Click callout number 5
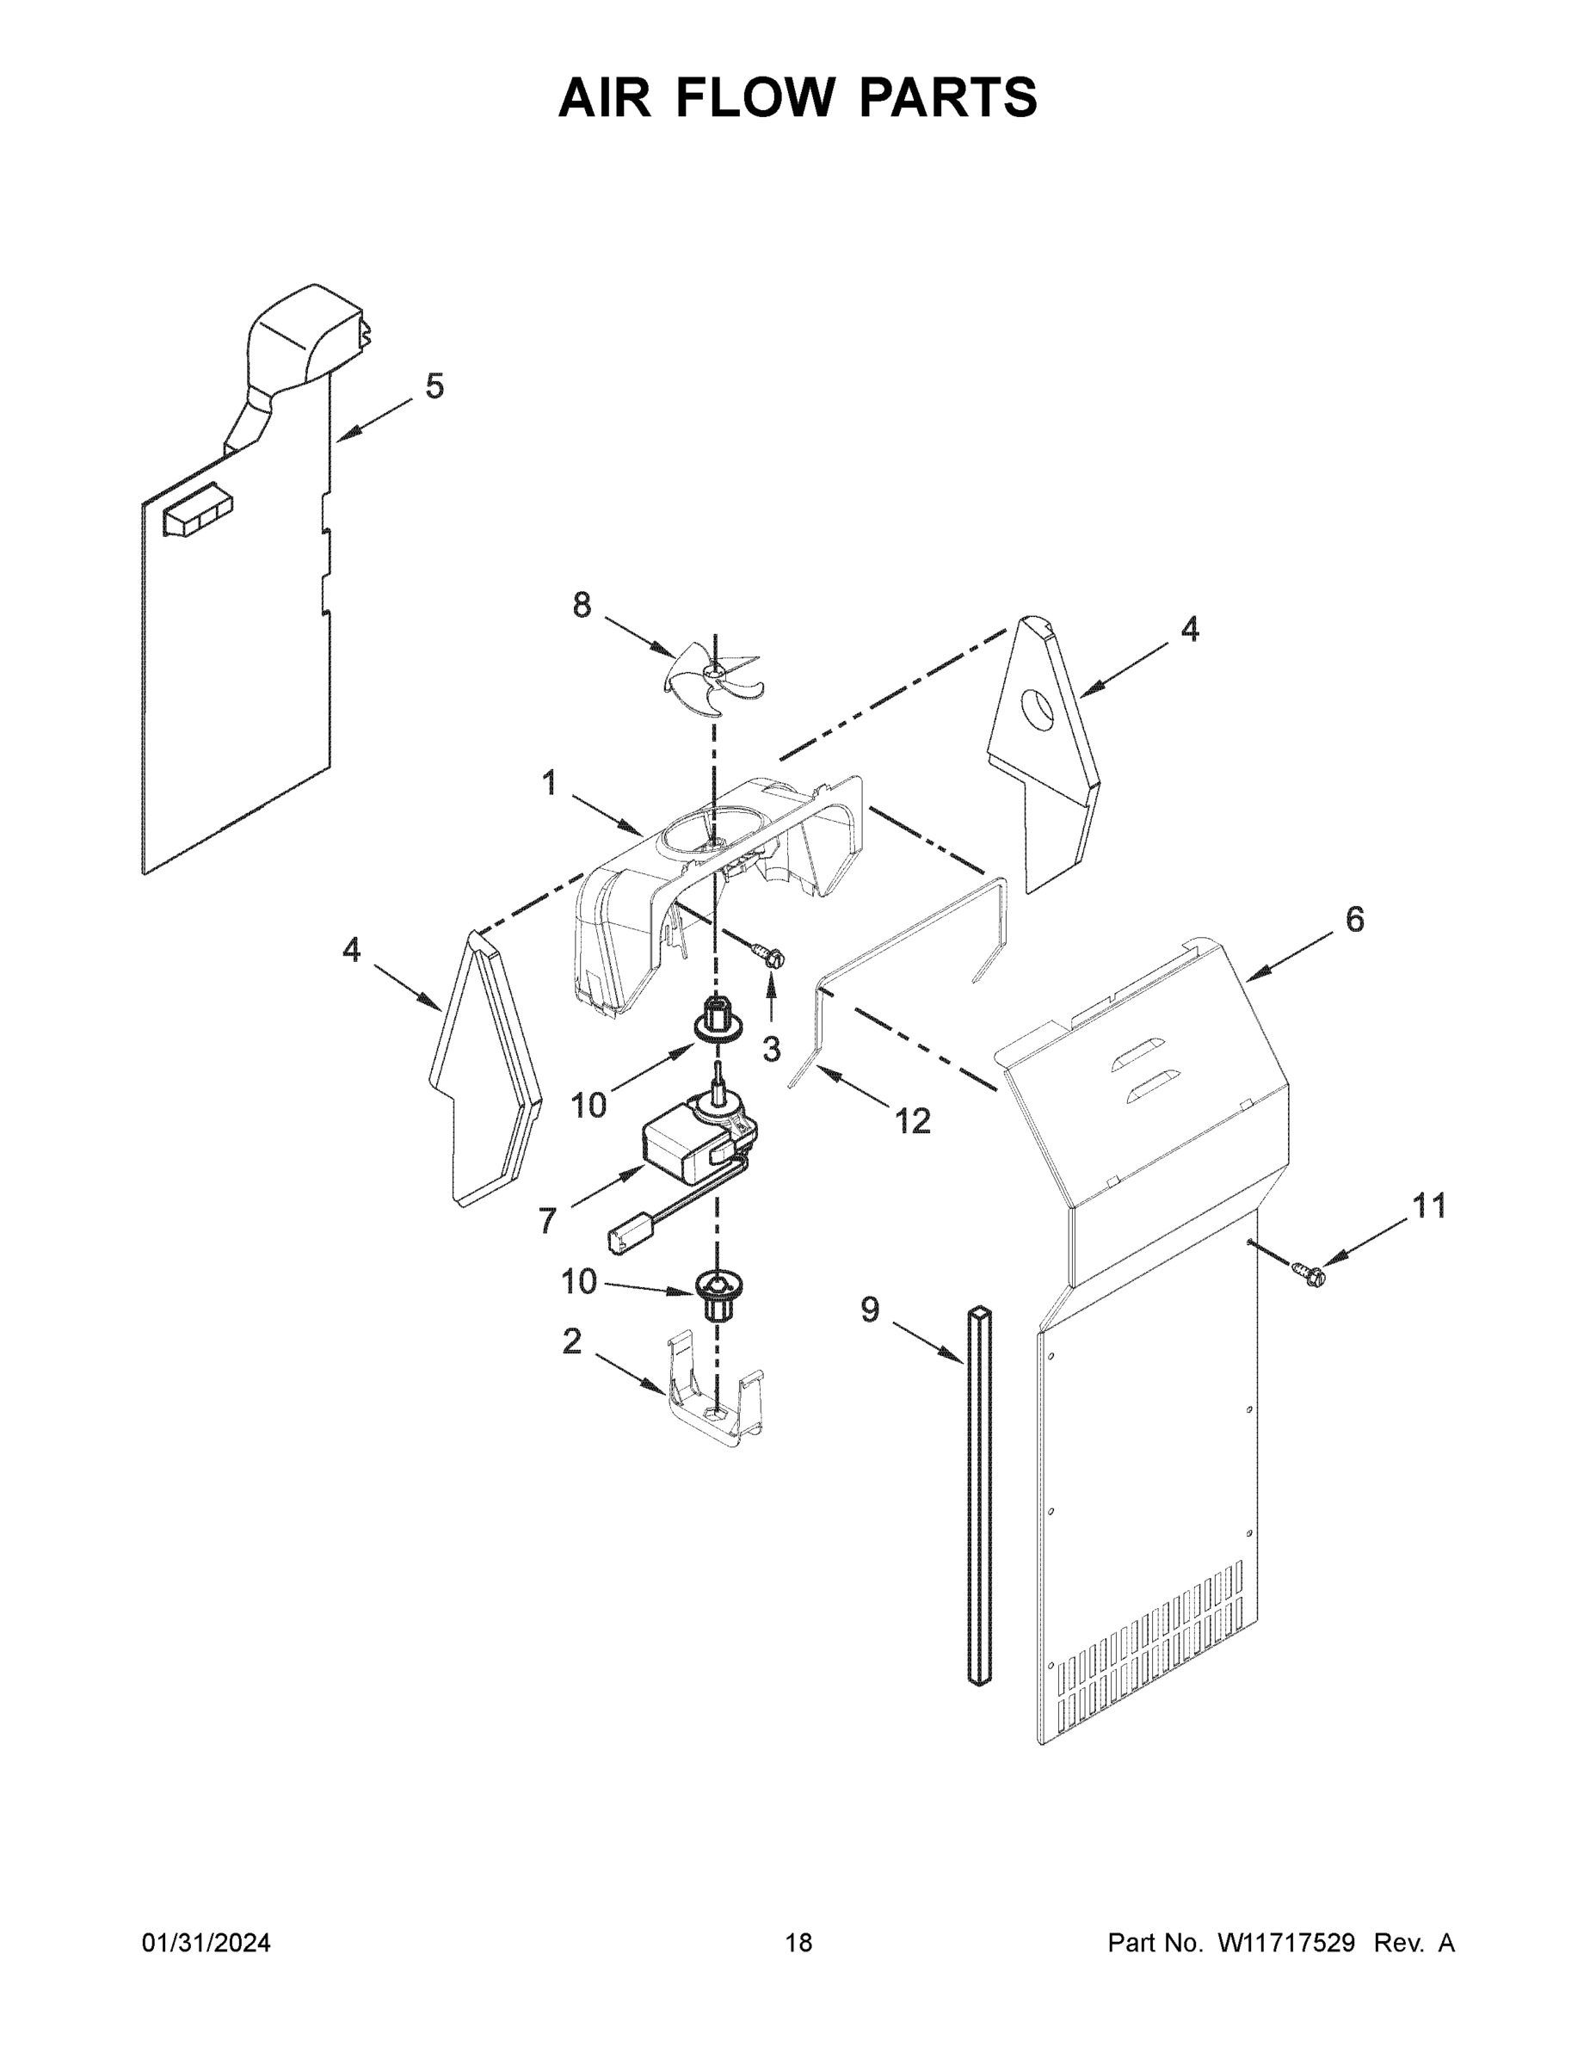pos(434,385)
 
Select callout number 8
pos(582,605)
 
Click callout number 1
pos(549,783)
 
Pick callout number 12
pos(912,1121)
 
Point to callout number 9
pos(870,1310)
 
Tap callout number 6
pos(1354,919)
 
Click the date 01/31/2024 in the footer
pos(206,1943)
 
